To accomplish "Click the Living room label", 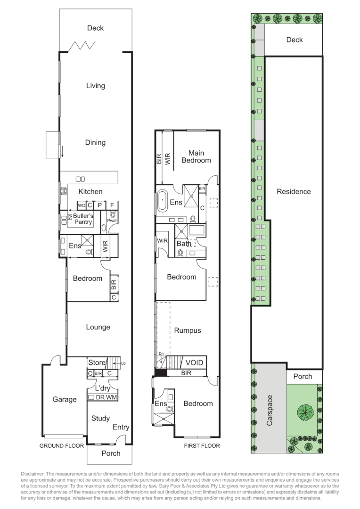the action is (x=96, y=86).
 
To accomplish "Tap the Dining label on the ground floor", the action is (x=95, y=142).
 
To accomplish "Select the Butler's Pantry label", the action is (x=83, y=219).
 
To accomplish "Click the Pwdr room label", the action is (x=112, y=221).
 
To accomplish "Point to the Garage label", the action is (x=65, y=400).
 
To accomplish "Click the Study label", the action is (x=100, y=418).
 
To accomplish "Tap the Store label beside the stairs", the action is (x=97, y=362).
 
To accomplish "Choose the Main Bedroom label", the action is (x=196, y=156).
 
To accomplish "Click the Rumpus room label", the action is (x=188, y=330).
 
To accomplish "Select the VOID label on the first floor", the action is (x=194, y=362).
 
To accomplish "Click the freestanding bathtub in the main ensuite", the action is (x=162, y=200).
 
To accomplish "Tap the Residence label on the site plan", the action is (x=294, y=191).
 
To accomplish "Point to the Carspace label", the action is (x=270, y=410).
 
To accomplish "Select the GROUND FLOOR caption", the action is (x=62, y=446).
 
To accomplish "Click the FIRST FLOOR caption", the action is (x=202, y=446).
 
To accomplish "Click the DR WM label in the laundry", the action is (x=106, y=397).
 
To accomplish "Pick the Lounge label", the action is (x=98, y=327).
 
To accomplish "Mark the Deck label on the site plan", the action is (x=295, y=40).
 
